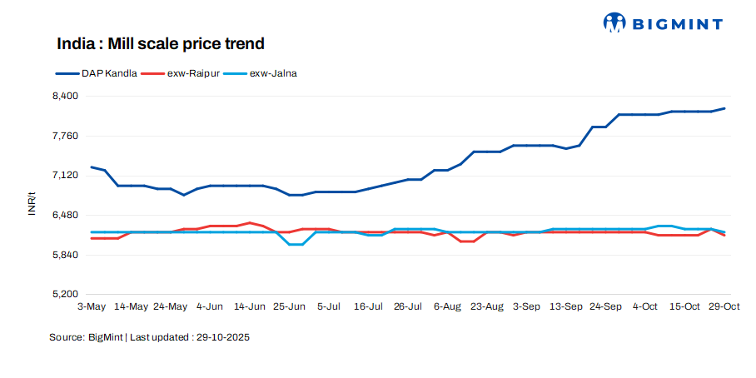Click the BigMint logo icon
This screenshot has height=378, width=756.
pyautogui.click(x=614, y=23)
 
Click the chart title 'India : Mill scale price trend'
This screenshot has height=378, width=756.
pyautogui.click(x=160, y=43)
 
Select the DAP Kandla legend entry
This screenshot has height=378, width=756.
pyautogui.click(x=97, y=73)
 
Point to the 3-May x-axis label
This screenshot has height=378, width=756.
pyautogui.click(x=92, y=306)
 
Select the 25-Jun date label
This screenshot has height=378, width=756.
pyautogui.click(x=289, y=306)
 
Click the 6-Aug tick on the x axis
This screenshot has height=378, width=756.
pyautogui.click(x=447, y=306)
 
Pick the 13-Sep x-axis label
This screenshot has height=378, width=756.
pyautogui.click(x=566, y=306)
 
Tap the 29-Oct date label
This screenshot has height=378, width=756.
pyautogui.click(x=724, y=306)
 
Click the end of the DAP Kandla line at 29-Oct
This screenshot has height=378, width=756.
pyautogui.click(x=724, y=108)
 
